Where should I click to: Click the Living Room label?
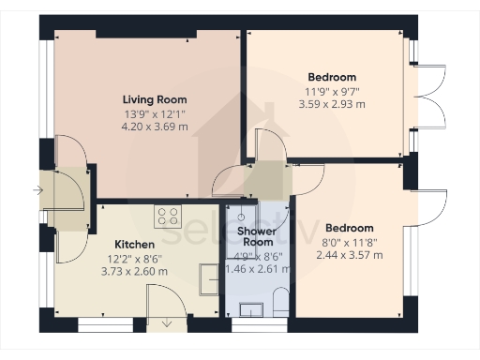155,99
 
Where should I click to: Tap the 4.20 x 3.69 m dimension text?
155,126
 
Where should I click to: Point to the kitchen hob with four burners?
169,217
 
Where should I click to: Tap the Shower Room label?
255,236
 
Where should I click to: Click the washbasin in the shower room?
251,310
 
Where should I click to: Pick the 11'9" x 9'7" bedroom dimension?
333,92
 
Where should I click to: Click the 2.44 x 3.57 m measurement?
349,254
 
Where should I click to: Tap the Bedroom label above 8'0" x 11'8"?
349,228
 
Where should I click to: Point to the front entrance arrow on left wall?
37,190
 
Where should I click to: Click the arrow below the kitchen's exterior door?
167,324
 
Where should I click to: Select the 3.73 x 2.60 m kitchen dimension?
135,271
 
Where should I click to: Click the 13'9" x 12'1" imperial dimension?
155,112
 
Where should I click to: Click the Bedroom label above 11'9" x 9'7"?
333,77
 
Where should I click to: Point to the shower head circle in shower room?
252,216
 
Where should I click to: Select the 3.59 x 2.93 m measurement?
333,105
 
